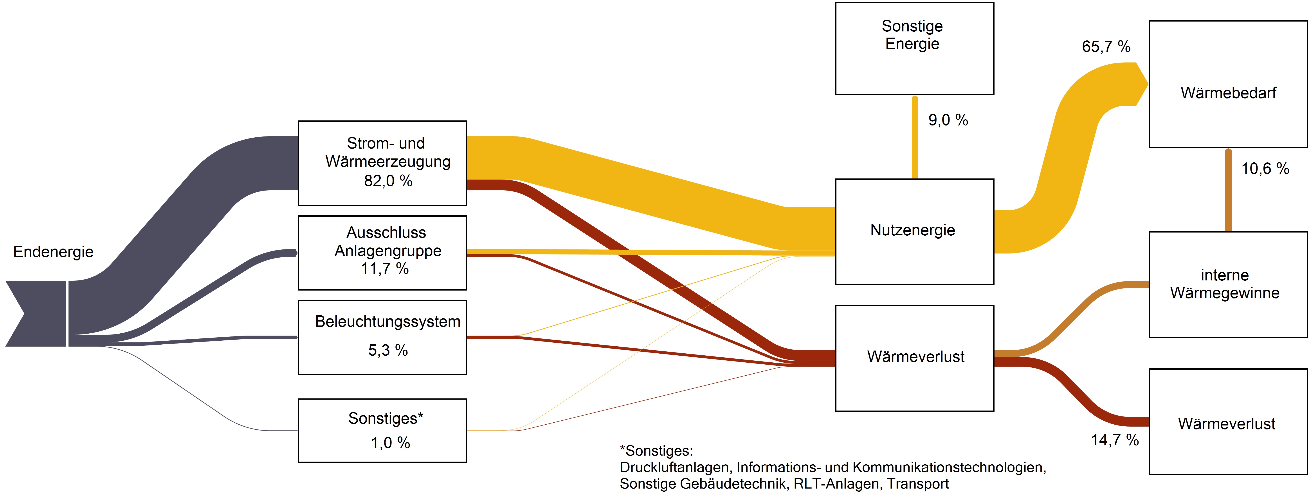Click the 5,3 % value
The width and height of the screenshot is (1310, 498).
[387, 350]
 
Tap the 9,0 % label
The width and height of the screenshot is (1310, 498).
[948, 120]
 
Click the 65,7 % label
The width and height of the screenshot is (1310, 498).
[1106, 47]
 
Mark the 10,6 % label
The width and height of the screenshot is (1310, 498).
[1265, 169]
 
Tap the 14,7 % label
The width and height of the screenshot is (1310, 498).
[1115, 440]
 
